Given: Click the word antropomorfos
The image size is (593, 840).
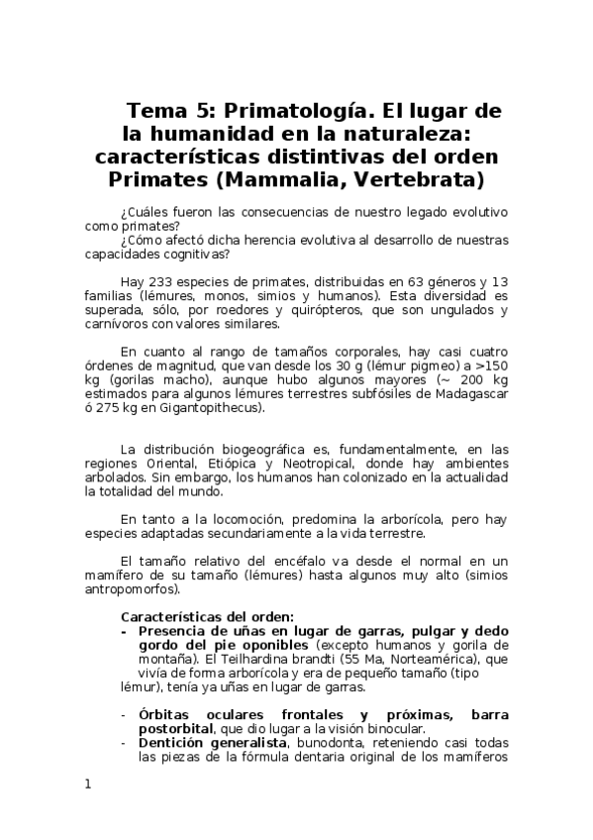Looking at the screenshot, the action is point(133,591).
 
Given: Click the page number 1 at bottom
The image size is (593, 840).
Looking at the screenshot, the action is point(88,784).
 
